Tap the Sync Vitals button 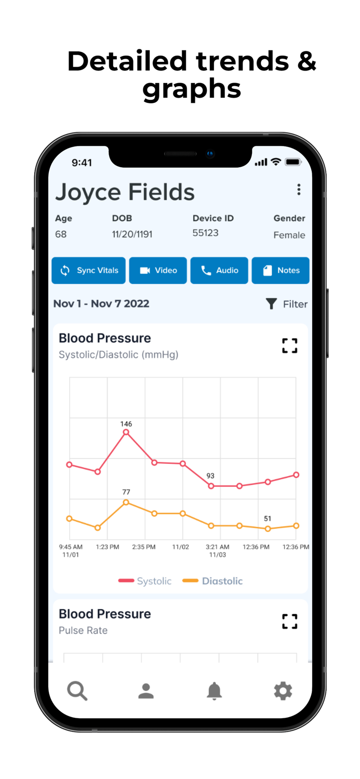click(88, 271)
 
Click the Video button click(158, 271)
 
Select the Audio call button click(219, 271)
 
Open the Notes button click(281, 271)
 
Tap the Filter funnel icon click(271, 304)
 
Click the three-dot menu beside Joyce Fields click(299, 190)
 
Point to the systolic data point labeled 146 click(126, 432)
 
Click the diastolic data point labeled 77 click(126, 502)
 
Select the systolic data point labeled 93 click(211, 486)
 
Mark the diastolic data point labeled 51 click(268, 529)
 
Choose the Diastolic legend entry click(213, 581)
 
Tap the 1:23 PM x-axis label click(108, 547)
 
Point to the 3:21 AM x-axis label click(217, 547)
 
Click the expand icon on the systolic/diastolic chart click(290, 346)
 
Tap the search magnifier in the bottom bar click(77, 691)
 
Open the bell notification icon click(214, 691)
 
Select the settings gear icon click(283, 691)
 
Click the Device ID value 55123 click(205, 233)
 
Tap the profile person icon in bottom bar click(146, 691)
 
